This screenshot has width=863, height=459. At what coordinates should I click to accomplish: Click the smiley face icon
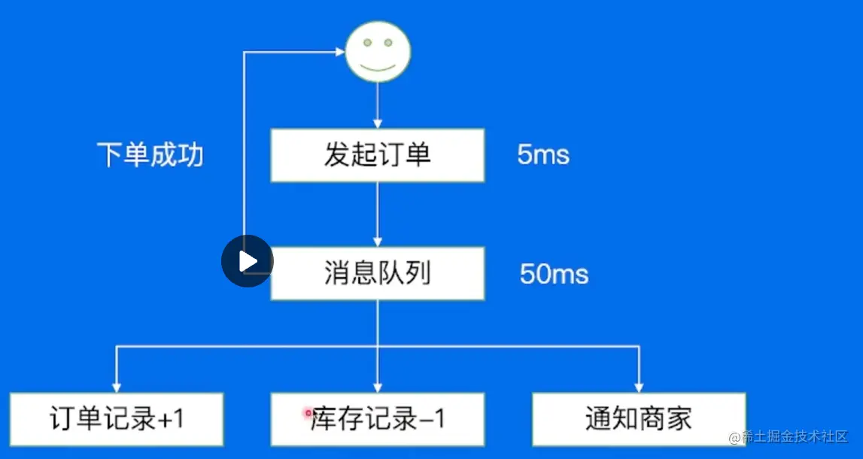pyautogui.click(x=378, y=51)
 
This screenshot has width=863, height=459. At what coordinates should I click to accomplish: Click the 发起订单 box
pyautogui.click(x=378, y=155)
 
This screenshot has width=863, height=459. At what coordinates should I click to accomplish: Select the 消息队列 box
pyautogui.click(x=378, y=273)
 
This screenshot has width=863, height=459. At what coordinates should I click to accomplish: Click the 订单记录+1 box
pyautogui.click(x=117, y=419)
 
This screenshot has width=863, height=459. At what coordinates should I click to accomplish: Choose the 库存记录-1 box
pyautogui.click(x=378, y=419)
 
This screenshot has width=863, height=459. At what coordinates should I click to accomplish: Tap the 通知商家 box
pyautogui.click(x=639, y=419)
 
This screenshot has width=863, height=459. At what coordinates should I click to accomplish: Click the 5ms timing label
pyautogui.click(x=543, y=155)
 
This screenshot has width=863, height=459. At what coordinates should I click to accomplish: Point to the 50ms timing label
pyautogui.click(x=554, y=274)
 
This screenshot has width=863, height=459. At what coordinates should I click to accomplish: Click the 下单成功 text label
pyautogui.click(x=150, y=155)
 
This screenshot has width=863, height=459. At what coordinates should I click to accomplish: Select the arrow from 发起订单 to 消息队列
pyautogui.click(x=378, y=214)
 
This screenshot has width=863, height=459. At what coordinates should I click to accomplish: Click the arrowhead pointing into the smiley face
pyautogui.click(x=339, y=52)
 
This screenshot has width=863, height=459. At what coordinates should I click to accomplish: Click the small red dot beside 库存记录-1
pyautogui.click(x=308, y=412)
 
